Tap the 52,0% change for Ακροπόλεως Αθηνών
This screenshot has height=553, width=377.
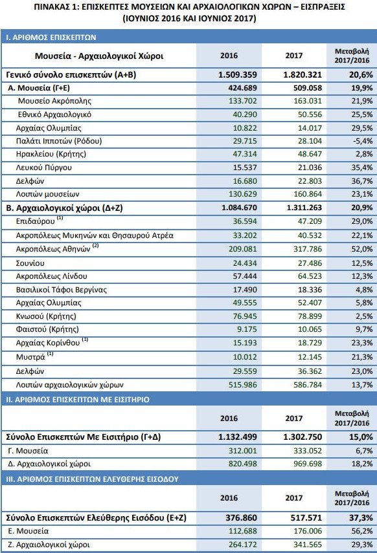[x=358, y=249]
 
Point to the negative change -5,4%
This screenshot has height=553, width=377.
[x=358, y=141]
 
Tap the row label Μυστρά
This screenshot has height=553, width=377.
[x=30, y=356]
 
